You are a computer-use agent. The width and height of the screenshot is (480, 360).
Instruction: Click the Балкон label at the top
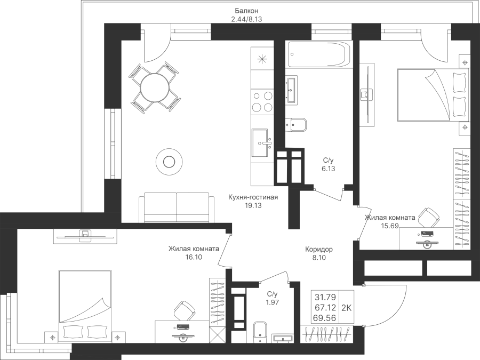point(247,11)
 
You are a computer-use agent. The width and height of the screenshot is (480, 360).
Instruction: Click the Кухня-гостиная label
point(253,197)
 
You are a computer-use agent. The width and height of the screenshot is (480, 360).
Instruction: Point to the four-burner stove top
point(262,102)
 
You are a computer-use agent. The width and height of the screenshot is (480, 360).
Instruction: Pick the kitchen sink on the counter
point(262,142)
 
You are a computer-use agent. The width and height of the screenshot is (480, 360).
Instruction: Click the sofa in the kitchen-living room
point(177,207)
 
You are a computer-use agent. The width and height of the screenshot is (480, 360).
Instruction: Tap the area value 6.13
point(329,169)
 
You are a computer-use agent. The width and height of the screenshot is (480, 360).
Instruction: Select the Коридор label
point(319,249)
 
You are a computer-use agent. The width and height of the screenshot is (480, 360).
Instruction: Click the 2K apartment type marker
point(346,308)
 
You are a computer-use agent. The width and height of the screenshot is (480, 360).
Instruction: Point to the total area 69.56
point(324,318)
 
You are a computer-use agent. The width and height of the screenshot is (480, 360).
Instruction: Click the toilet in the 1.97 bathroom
point(260,332)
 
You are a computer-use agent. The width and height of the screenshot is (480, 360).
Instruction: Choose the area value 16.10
point(194,257)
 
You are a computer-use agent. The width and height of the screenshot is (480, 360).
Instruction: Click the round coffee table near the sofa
point(169,162)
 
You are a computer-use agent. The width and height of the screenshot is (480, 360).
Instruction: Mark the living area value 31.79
point(325,297)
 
